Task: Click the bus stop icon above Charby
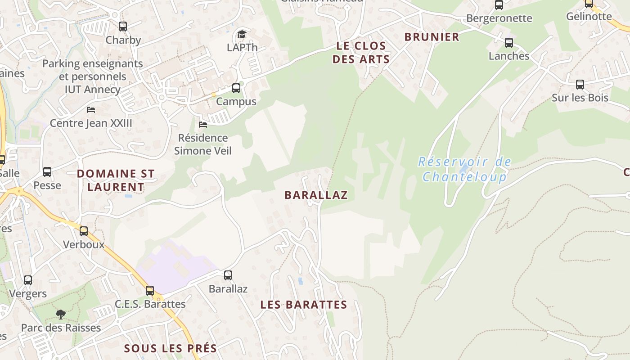point(123,27)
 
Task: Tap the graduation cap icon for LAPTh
point(242,35)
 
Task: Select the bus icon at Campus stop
point(236,88)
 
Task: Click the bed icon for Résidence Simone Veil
point(203,124)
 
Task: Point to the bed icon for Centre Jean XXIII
point(91,109)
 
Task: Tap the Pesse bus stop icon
point(47,172)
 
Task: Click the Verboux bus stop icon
point(84,231)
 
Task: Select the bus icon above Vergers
point(28,280)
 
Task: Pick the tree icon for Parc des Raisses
point(61,314)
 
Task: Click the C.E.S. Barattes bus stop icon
point(150,291)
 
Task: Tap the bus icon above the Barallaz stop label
point(228,275)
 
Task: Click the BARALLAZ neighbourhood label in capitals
point(316,195)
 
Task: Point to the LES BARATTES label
point(304,305)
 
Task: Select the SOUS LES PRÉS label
point(171,348)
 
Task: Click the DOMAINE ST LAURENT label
point(116,180)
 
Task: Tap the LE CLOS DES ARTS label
point(361,52)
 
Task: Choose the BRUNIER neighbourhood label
point(432,37)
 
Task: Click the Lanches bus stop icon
point(509,43)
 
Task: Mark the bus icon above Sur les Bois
point(580,84)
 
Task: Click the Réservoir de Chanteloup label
point(465,169)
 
